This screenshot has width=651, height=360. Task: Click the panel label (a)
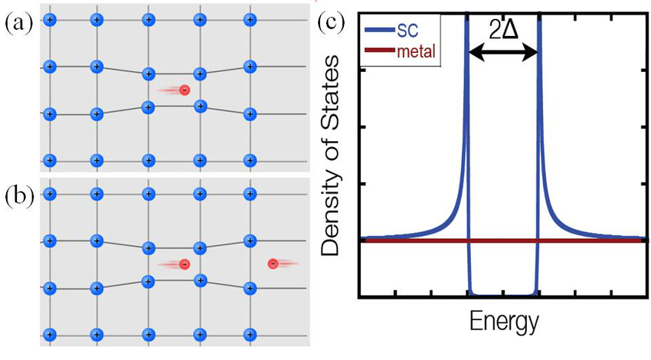coord(17,24)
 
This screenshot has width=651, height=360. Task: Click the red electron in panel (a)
coord(184,90)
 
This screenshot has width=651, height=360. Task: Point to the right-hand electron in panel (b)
coord(273,263)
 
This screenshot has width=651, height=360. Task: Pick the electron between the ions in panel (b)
coord(184,264)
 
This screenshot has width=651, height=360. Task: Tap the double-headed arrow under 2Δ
coord(502,52)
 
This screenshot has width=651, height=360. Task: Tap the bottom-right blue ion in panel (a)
coord(249,161)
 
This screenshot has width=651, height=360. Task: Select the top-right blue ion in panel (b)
coord(249,195)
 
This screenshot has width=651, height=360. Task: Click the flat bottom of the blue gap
coord(502,293)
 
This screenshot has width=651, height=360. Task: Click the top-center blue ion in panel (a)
coord(148,20)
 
